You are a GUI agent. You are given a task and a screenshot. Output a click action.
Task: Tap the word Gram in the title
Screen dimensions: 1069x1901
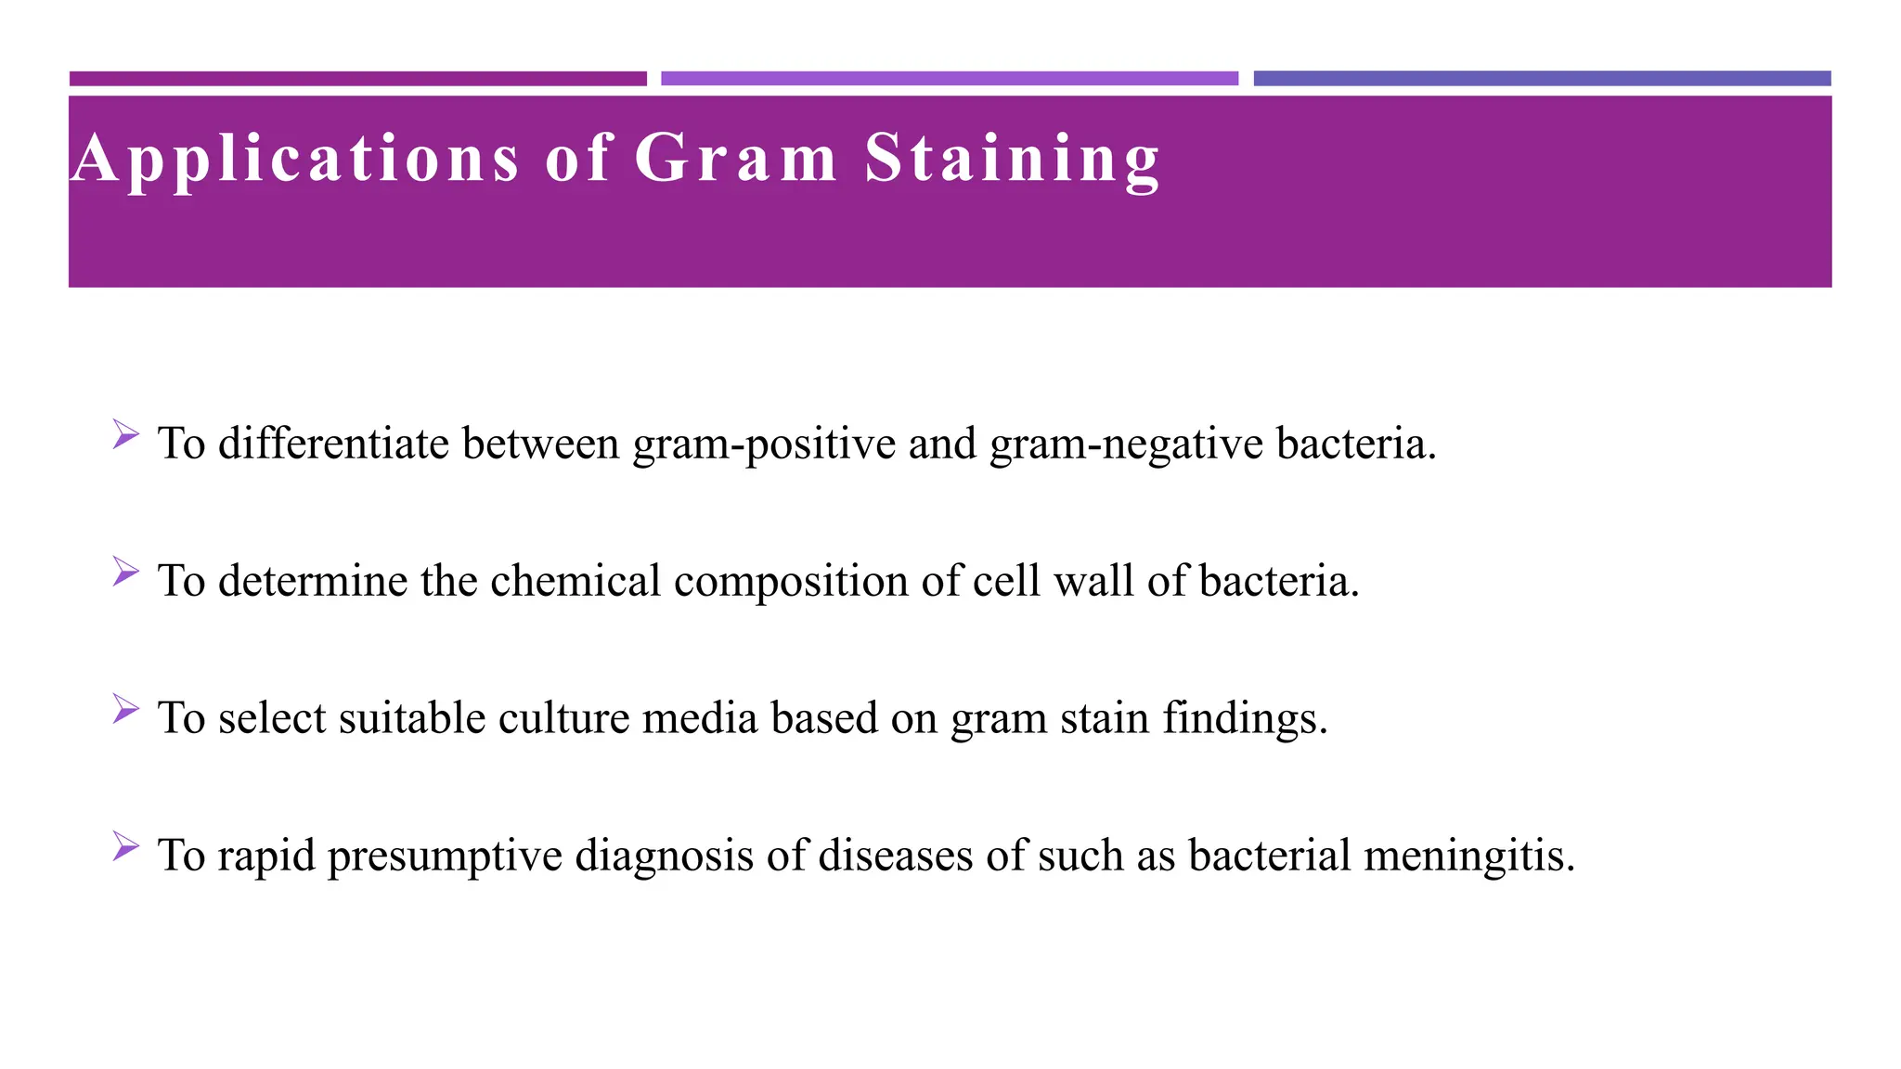pyautogui.click(x=736, y=158)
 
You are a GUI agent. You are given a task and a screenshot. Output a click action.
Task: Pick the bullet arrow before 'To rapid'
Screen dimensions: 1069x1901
pyautogui.click(x=125, y=845)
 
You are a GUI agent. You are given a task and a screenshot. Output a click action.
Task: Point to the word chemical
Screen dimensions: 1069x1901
pyautogui.click(x=575, y=581)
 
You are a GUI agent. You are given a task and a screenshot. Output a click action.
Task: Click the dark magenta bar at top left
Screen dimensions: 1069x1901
pyautogui.click(x=357, y=79)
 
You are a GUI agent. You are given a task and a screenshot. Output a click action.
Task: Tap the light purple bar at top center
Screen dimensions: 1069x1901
pyautogui.click(x=949, y=79)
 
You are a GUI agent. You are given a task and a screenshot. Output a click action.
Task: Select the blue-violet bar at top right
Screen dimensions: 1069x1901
pyautogui.click(x=1542, y=79)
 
